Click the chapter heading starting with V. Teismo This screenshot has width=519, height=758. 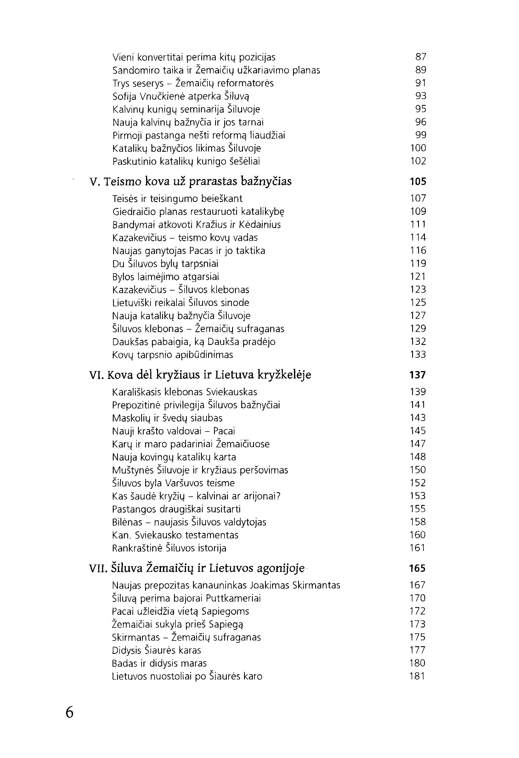coord(190,181)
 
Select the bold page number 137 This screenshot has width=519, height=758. coord(418,375)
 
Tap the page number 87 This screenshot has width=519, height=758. coord(421,57)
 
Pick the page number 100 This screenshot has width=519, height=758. coord(418,148)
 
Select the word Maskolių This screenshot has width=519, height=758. coord(132,418)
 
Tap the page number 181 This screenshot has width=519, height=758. coord(417,676)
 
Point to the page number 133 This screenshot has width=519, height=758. coord(418,355)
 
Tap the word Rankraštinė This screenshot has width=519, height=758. coord(137,548)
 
